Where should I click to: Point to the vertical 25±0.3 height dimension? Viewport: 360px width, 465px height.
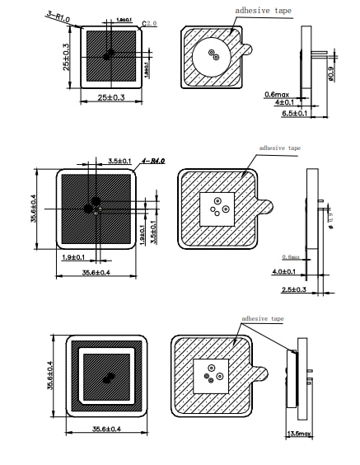(x=65, y=56)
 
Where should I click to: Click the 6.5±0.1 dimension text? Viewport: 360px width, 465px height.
(x=294, y=113)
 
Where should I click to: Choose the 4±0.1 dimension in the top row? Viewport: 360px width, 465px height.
(x=284, y=102)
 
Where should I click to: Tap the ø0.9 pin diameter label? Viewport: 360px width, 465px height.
(x=331, y=73)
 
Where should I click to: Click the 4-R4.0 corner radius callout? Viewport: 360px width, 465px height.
(x=154, y=161)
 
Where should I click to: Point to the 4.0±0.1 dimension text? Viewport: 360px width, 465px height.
(x=285, y=271)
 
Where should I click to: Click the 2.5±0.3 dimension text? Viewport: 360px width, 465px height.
(x=294, y=289)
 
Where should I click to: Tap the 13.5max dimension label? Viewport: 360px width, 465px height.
(x=297, y=433)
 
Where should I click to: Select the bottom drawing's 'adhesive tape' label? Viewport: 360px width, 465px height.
(x=261, y=318)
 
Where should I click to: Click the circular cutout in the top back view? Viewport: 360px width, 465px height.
(x=214, y=55)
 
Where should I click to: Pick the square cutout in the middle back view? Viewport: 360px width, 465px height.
(x=217, y=209)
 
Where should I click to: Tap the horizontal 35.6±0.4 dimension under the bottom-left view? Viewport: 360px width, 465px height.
(x=108, y=429)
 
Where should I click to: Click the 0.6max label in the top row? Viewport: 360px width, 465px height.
(x=275, y=93)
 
